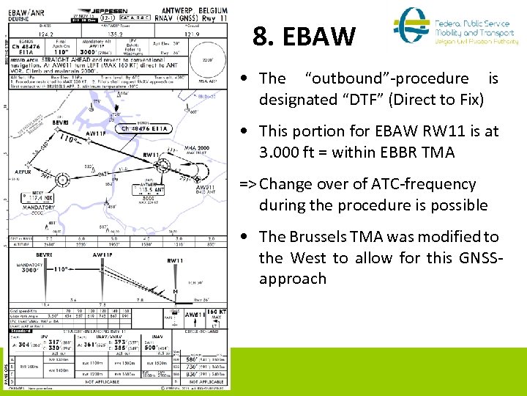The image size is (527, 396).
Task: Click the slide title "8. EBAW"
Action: (x=304, y=37)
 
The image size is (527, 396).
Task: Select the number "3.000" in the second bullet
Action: (x=284, y=152)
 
